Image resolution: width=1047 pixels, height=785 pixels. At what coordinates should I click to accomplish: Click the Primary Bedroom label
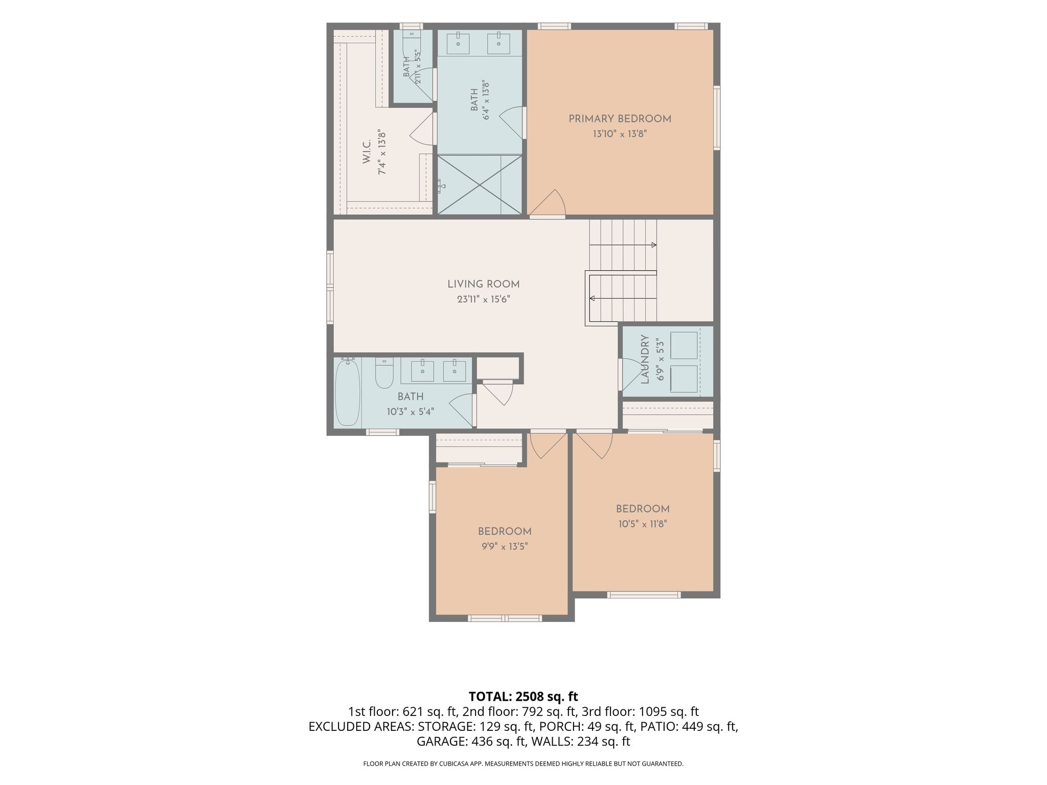point(620,119)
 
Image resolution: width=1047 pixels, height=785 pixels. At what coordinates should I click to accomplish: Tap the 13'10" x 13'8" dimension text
point(620,134)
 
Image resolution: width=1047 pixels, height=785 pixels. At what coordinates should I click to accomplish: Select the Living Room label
point(483,284)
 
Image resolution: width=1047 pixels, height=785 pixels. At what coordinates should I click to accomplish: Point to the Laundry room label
point(645,359)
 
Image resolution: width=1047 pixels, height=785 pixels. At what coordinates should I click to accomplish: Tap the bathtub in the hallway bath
point(347,392)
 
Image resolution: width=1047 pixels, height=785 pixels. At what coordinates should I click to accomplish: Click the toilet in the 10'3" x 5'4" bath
point(384,373)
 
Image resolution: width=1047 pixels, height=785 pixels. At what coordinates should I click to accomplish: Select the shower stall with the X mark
point(480,184)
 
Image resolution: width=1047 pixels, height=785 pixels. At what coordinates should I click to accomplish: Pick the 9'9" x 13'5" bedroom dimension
point(504,546)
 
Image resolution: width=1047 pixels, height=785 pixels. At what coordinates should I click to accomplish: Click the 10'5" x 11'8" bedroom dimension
point(643,524)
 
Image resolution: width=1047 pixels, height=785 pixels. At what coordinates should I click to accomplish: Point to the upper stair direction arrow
point(623,245)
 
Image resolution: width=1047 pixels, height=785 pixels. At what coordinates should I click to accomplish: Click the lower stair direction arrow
point(623,298)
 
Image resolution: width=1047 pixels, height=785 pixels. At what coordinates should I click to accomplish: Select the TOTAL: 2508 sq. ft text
point(523,697)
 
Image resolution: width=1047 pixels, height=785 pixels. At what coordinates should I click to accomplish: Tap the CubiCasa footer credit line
point(523,764)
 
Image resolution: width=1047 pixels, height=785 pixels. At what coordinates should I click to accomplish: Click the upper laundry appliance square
point(684,345)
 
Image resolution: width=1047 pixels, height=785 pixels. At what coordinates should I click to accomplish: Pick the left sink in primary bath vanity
point(458,43)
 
